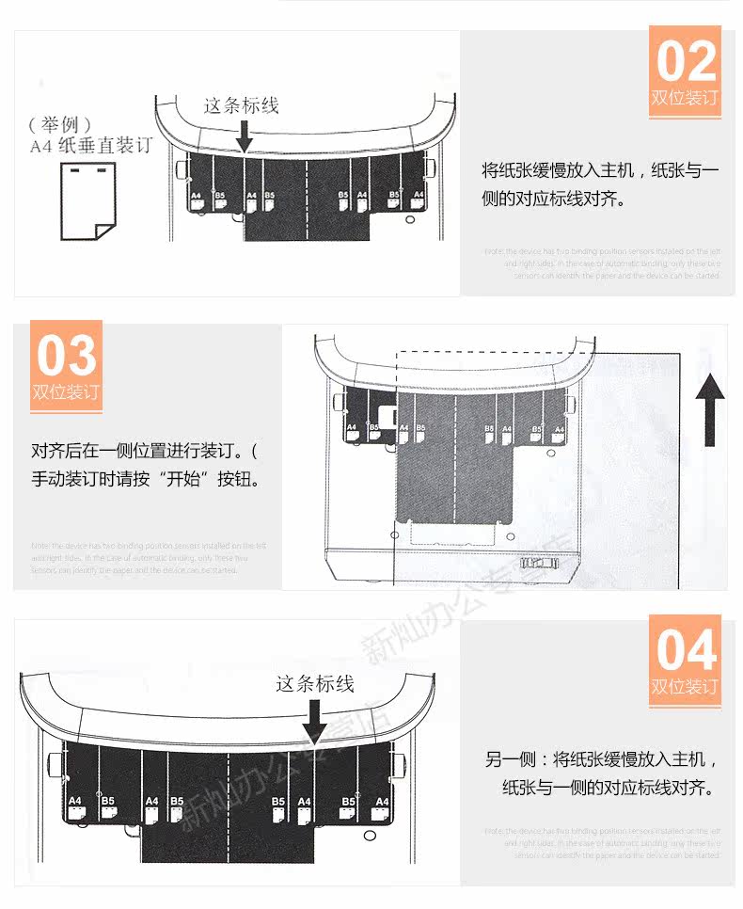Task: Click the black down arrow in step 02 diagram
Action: tap(244, 136)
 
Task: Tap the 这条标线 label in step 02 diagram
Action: tap(242, 105)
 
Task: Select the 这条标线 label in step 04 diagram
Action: tap(314, 683)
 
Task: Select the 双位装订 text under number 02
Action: tap(685, 99)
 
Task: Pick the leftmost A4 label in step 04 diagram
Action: tap(76, 801)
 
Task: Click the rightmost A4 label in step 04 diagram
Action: tap(382, 801)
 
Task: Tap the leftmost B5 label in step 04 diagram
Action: tap(108, 801)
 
